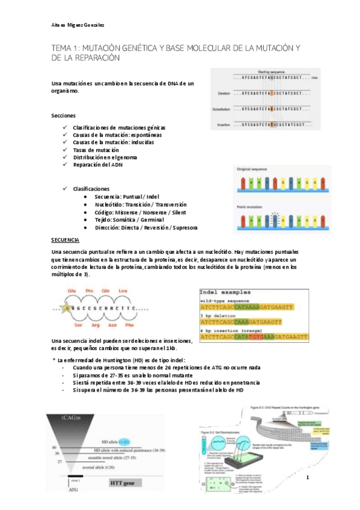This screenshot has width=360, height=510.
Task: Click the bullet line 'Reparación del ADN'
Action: [x=98, y=165]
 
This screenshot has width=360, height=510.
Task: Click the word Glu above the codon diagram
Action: [x=72, y=290]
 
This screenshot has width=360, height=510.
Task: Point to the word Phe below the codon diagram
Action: [x=129, y=325]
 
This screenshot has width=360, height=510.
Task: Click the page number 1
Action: [x=307, y=478]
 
